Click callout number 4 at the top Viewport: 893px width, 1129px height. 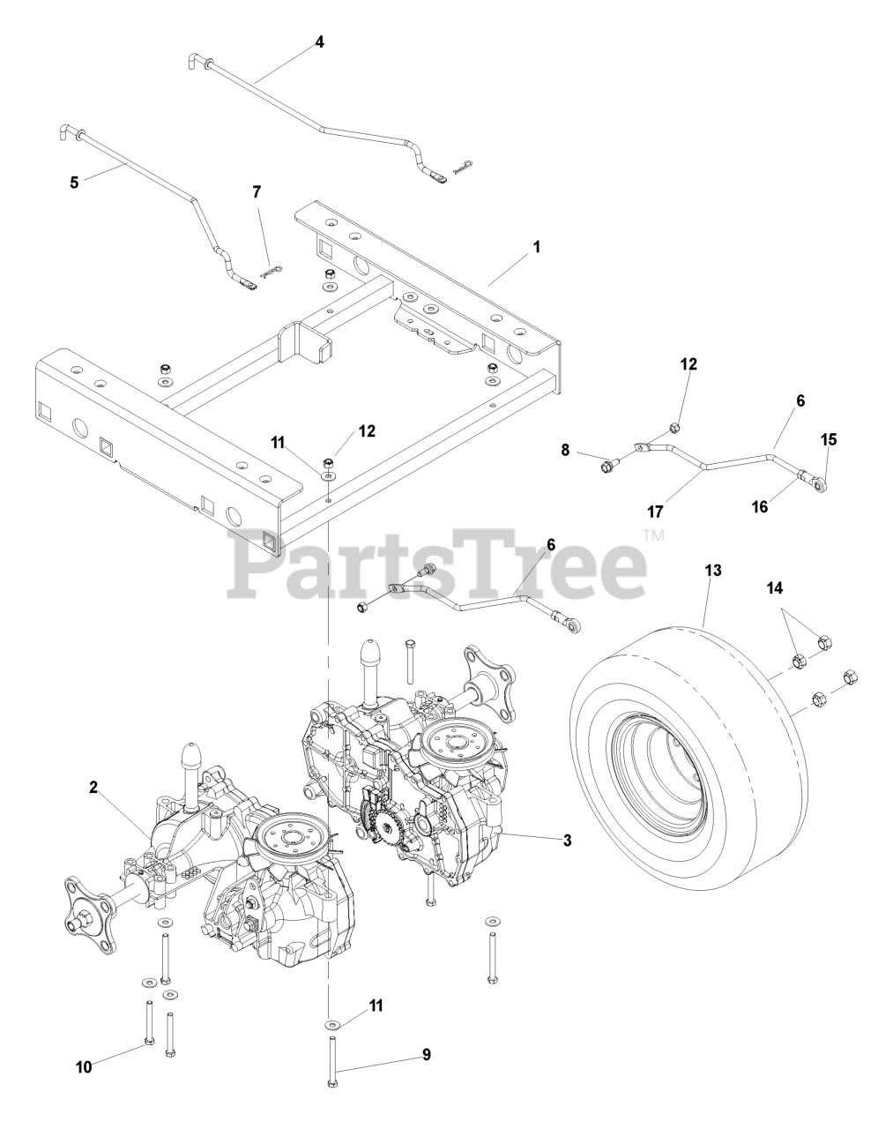click(x=320, y=41)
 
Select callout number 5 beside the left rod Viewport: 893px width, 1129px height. click(x=74, y=183)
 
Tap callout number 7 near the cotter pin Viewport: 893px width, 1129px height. click(x=257, y=191)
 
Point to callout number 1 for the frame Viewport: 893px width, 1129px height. click(x=536, y=248)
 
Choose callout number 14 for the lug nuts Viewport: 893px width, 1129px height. click(x=776, y=586)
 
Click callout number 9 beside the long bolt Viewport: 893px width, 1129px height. click(x=427, y=1053)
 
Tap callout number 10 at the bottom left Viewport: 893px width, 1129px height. click(x=84, y=1067)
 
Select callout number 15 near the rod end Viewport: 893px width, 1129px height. click(x=830, y=438)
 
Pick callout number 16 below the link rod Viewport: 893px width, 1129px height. click(x=760, y=506)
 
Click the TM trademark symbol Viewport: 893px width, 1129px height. click(x=653, y=534)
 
